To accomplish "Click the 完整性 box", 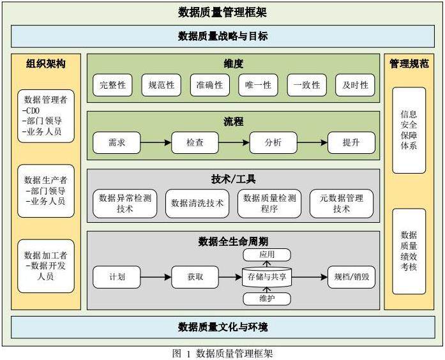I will [x=112, y=85].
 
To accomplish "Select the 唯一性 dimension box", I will [x=258, y=85].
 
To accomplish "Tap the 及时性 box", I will [x=355, y=85].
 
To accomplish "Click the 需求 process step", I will [x=117, y=142].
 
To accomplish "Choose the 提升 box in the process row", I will [x=351, y=142].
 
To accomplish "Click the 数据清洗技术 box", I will [x=197, y=203].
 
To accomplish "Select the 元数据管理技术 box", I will [x=342, y=203].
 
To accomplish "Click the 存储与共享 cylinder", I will [x=267, y=277].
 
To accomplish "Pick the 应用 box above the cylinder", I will [x=267, y=255].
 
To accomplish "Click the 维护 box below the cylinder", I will [x=267, y=299].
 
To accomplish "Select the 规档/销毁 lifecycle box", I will [x=351, y=277].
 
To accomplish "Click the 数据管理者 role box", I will [x=46, y=116].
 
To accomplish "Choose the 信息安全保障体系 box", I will [x=409, y=130].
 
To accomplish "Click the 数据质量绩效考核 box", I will [x=409, y=250].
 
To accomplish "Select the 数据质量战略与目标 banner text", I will [x=222, y=36].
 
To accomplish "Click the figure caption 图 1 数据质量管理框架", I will [x=222, y=353].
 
